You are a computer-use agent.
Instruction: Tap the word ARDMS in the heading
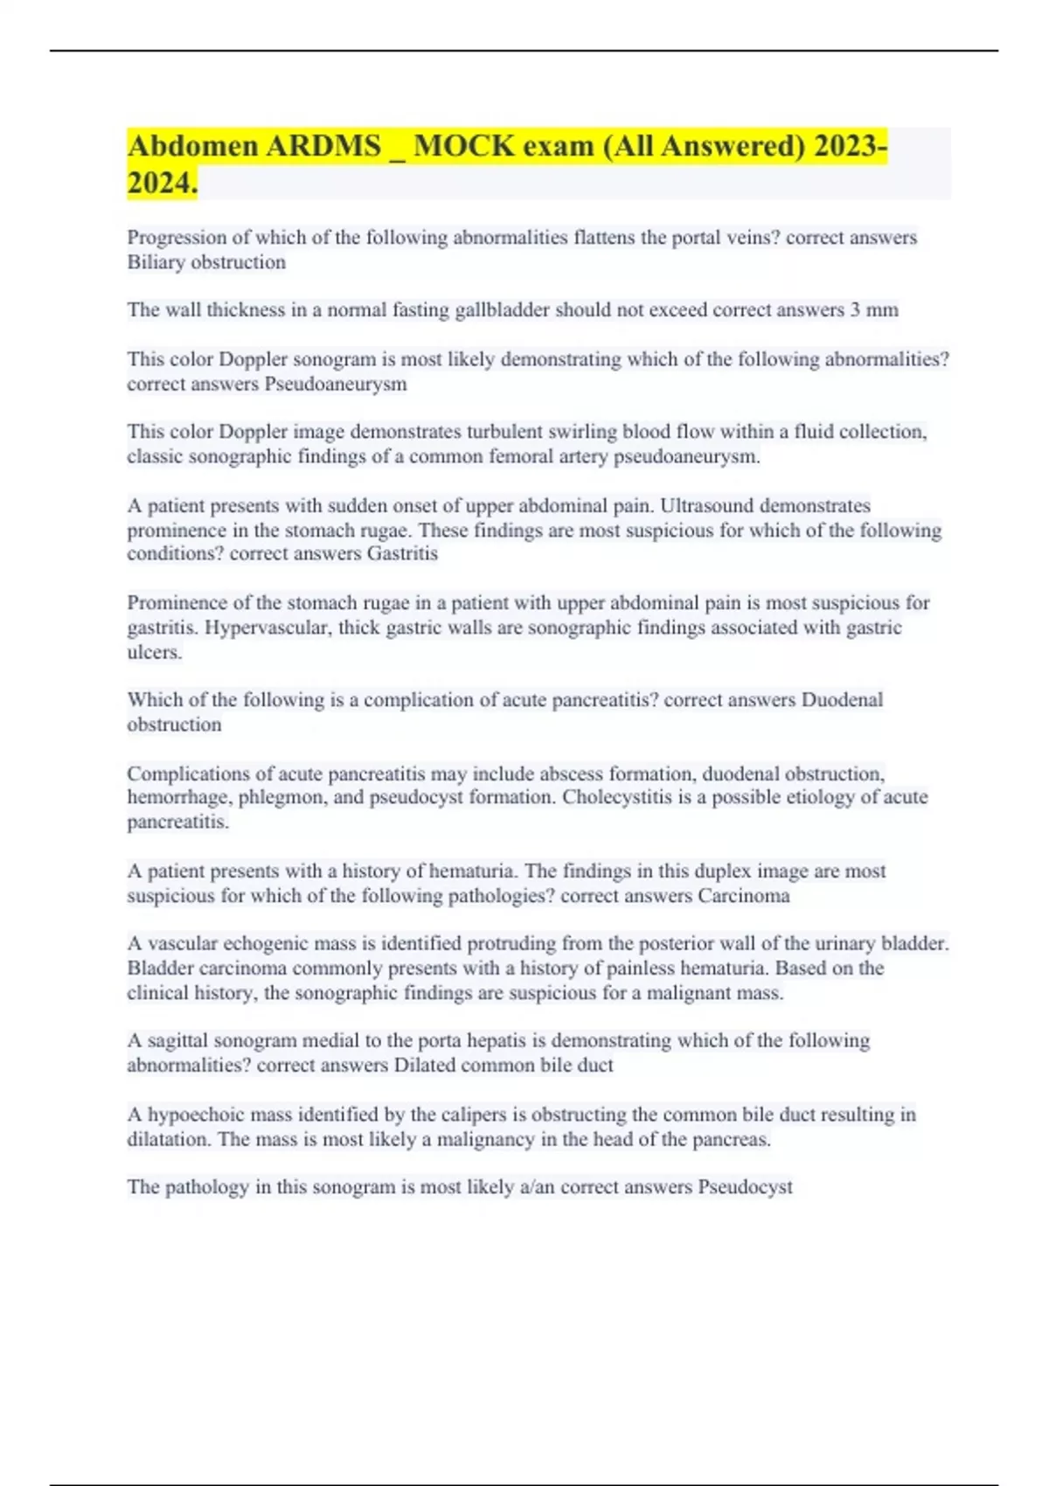tap(323, 146)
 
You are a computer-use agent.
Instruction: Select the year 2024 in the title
tap(160, 184)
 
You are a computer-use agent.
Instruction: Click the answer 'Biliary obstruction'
tap(206, 262)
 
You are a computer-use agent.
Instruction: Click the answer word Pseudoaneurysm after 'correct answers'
tap(335, 385)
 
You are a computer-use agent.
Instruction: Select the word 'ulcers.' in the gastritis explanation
tap(155, 652)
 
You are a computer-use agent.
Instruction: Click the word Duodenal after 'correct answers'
tap(842, 700)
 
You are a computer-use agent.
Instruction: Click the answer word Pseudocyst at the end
tap(745, 1187)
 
